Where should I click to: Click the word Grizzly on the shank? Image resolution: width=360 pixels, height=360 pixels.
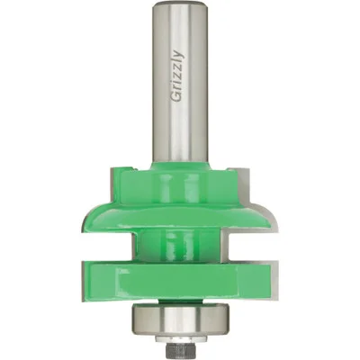(178, 76)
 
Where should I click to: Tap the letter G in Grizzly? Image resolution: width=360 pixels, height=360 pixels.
(178, 98)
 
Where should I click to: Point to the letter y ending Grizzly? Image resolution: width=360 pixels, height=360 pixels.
(179, 55)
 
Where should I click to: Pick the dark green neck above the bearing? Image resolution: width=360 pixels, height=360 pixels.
(180, 301)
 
